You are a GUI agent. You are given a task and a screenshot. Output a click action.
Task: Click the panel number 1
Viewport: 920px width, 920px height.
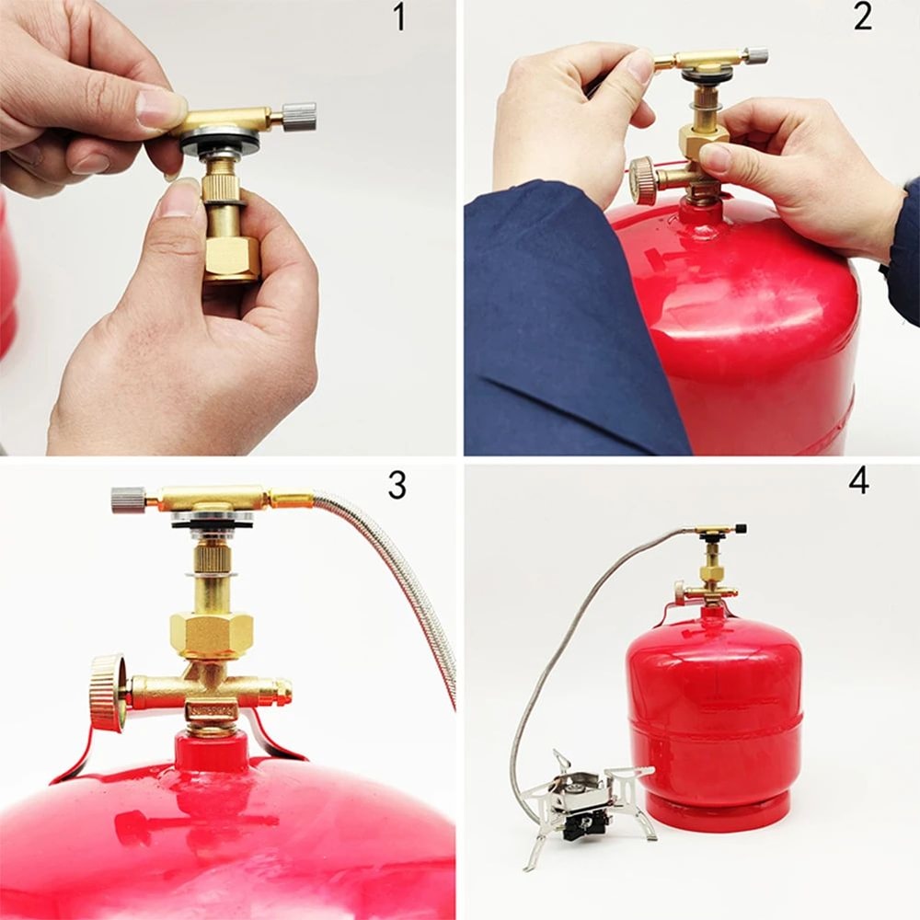coord(398,17)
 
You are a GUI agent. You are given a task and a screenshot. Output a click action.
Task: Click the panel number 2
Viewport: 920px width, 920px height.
coord(862,17)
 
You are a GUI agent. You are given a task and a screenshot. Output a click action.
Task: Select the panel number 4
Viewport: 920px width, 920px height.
coord(858,481)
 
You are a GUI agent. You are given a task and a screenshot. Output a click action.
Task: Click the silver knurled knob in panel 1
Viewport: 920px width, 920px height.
coord(299,116)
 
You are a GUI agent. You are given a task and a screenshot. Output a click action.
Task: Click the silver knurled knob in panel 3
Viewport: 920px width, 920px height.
coord(129,500)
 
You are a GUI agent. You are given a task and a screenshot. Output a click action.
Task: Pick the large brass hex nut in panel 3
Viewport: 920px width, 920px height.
coord(212,635)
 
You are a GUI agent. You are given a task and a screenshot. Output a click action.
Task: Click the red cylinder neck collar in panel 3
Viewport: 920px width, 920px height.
coord(212,753)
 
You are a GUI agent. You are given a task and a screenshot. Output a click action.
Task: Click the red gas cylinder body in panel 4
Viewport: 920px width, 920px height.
coord(713,708)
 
